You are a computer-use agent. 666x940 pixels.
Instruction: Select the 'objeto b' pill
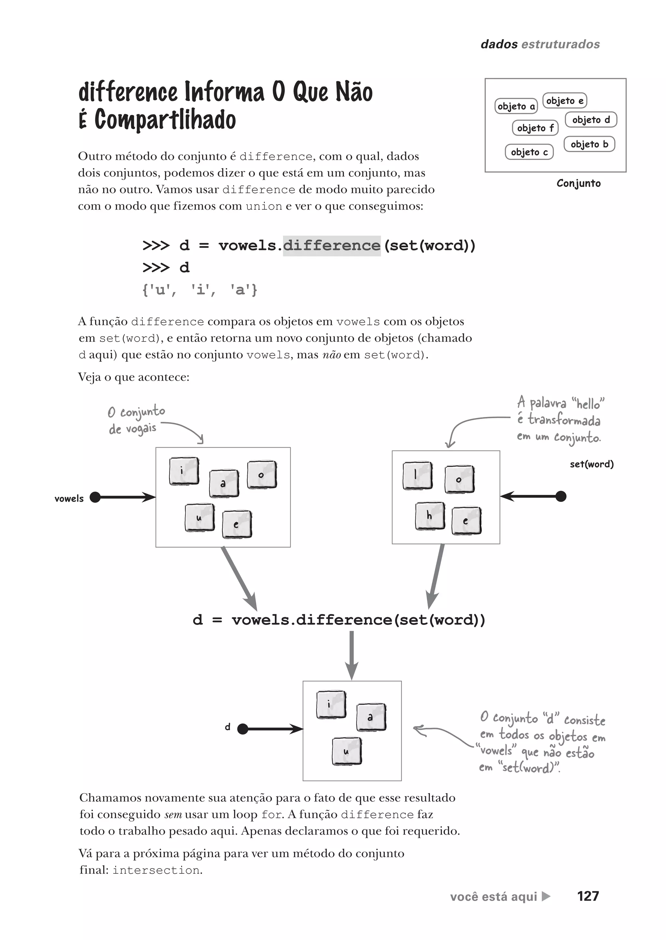[589, 144]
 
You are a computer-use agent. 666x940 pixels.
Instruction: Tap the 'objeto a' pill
[516, 106]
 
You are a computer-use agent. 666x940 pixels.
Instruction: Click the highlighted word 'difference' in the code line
[331, 245]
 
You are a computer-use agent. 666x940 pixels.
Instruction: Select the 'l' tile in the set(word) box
[417, 476]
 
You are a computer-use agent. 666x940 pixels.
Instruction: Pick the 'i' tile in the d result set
[331, 704]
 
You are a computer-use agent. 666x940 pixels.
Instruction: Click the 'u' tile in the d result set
[347, 751]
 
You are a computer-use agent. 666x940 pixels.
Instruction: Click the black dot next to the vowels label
[95, 497]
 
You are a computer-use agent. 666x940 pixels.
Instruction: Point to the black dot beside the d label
[243, 729]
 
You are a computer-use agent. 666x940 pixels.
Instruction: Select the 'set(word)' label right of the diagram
[591, 464]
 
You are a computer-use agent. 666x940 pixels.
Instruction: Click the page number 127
[588, 896]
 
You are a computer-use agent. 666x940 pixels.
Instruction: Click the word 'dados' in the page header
[499, 44]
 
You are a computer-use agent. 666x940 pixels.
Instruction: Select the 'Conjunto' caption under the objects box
[578, 183]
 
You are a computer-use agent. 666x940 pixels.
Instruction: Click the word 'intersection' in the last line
[156, 870]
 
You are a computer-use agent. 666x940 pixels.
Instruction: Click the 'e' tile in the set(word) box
[466, 521]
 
